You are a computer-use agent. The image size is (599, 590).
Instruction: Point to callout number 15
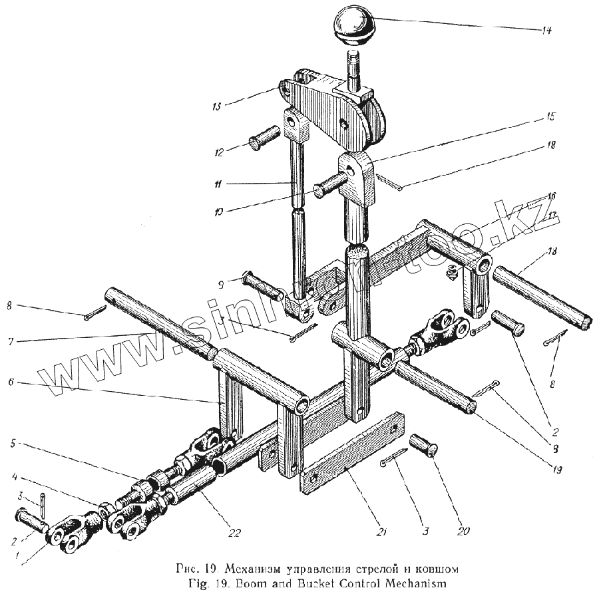point(550,116)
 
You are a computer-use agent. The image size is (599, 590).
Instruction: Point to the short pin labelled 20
point(424,444)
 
